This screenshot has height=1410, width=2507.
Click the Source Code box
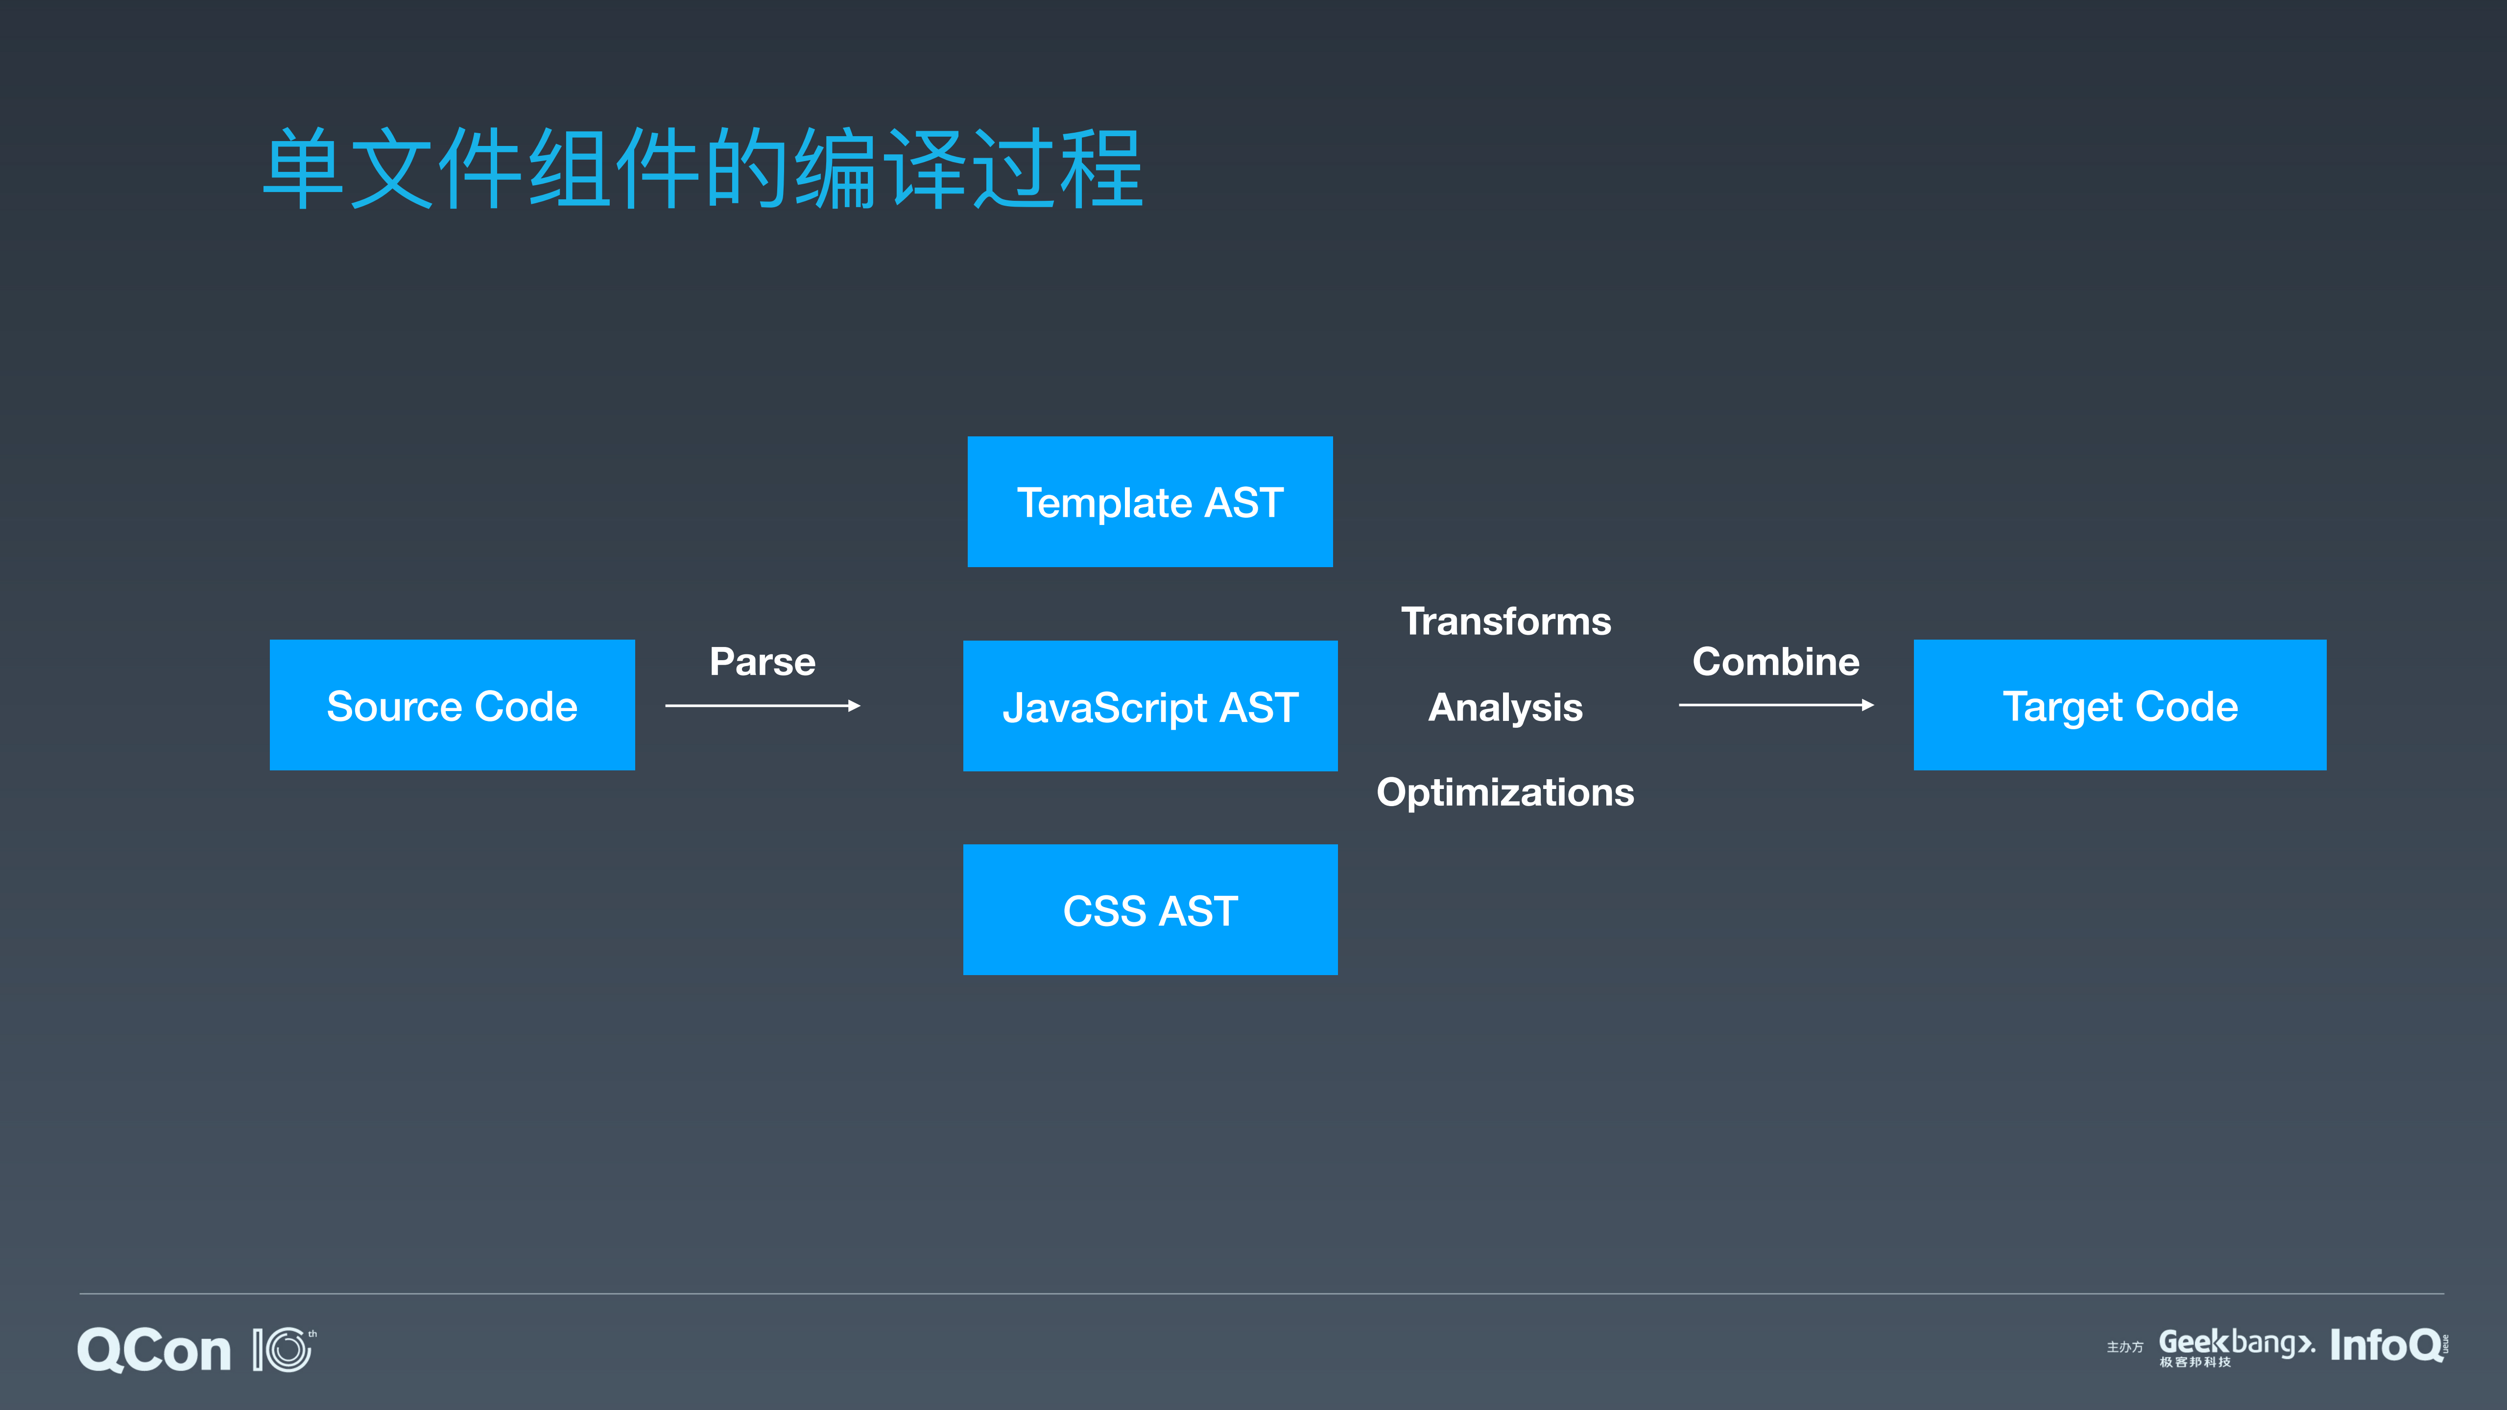click(x=452, y=705)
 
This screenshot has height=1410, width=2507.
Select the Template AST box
click(x=1149, y=502)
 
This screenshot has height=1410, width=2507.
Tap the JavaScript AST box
click(x=1149, y=706)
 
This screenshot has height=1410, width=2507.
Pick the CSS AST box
click(x=1149, y=910)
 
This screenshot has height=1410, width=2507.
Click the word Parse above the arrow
click(x=762, y=662)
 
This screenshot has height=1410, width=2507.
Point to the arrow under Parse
click(x=762, y=705)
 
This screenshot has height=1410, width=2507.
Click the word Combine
click(x=1775, y=662)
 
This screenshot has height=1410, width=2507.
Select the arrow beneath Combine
click(x=1775, y=705)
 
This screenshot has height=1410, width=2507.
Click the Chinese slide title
click(x=703, y=169)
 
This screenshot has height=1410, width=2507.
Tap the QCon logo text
click(x=154, y=1351)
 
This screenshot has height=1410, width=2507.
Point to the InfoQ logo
click(x=2387, y=1346)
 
